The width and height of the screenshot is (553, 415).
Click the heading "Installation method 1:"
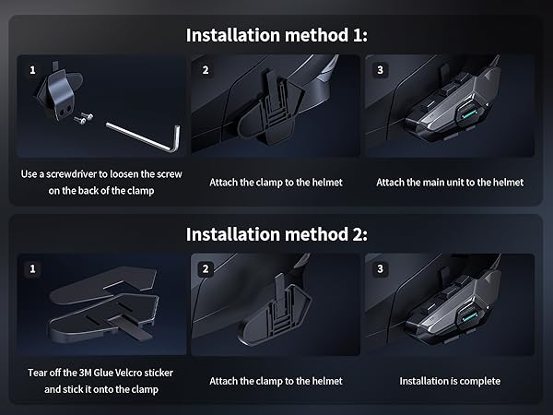coord(276,35)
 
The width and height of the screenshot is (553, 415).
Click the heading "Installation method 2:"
coord(276,234)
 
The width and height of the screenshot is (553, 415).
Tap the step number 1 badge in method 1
coord(32,70)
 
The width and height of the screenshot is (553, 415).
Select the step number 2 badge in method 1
coord(206,70)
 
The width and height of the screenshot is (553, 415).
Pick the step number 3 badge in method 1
coord(380,70)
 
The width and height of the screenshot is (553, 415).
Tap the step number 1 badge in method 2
coord(32,269)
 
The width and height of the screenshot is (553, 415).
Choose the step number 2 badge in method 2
coord(206,269)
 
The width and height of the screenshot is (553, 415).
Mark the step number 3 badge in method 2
coord(380,269)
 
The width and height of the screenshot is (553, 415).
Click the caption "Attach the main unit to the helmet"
coord(450,183)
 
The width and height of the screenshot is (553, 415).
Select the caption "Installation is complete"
coord(450,381)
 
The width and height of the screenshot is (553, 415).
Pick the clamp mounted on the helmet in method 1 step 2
coord(271,110)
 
